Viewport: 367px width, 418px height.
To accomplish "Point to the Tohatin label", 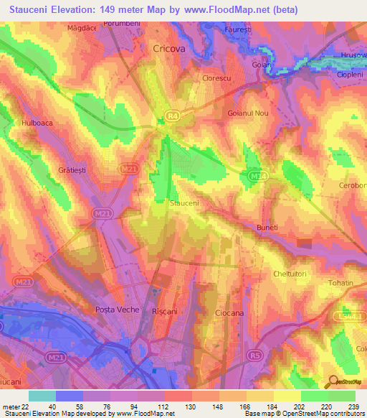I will (340, 283).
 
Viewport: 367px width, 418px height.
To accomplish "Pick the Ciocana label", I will (230, 313).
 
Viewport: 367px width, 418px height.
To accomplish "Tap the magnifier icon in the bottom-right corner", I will (332, 381).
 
